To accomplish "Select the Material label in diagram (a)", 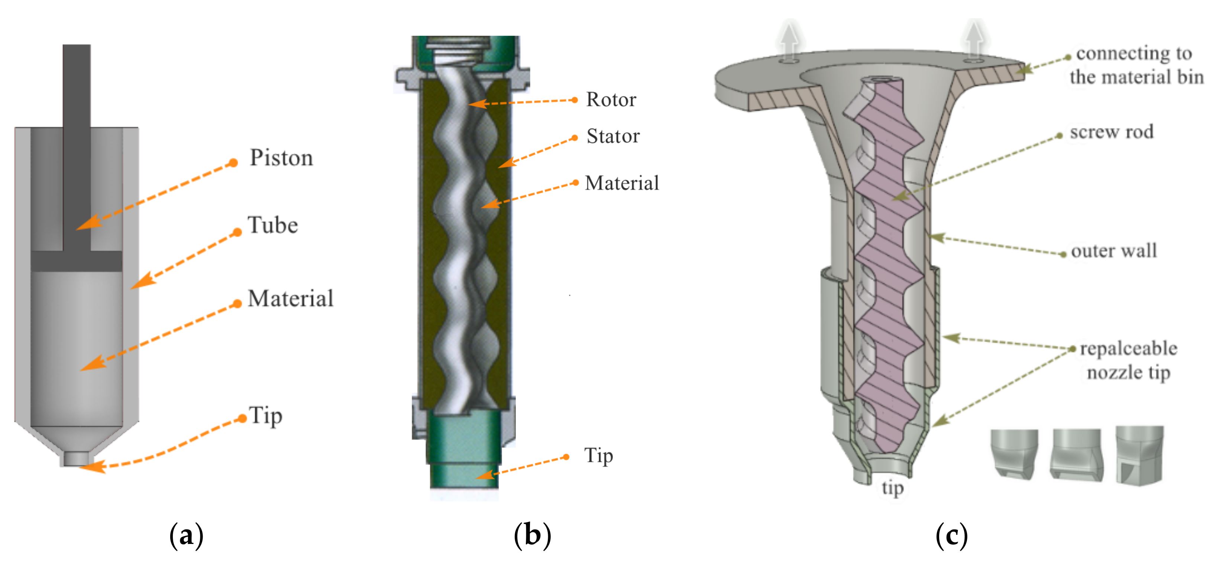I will point(291,299).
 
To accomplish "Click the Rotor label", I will point(611,99).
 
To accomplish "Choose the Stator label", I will point(613,136).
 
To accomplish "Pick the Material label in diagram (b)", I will point(622,183).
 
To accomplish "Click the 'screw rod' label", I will point(1112,132).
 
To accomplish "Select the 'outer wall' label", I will point(1114,251).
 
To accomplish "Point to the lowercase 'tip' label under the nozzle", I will point(892,488).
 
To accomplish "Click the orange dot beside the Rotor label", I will point(575,100).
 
